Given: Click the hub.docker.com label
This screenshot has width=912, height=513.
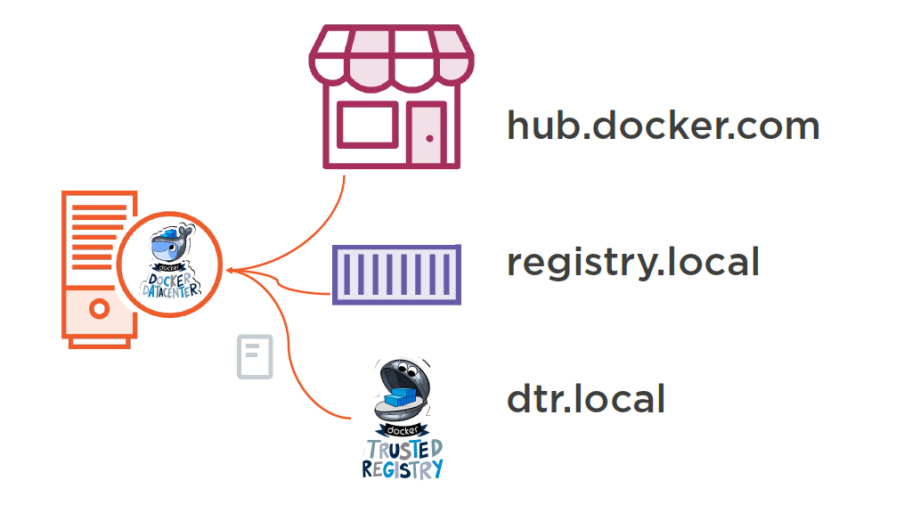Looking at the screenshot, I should coord(663,126).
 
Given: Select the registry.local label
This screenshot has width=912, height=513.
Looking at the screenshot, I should coord(633,262).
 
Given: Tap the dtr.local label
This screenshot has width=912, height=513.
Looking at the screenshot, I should coord(586,398).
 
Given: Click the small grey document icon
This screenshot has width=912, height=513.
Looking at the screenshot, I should coord(255,357).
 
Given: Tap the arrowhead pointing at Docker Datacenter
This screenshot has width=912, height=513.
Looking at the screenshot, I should coord(230,269).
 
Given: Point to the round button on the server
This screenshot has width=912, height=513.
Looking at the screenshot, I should coord(100,310).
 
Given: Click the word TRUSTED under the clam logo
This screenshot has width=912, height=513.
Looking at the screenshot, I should coord(403,448).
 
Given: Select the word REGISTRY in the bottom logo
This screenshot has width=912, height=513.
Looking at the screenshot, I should coord(403,468).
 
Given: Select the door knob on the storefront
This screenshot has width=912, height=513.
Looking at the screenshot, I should coord(430,138).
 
